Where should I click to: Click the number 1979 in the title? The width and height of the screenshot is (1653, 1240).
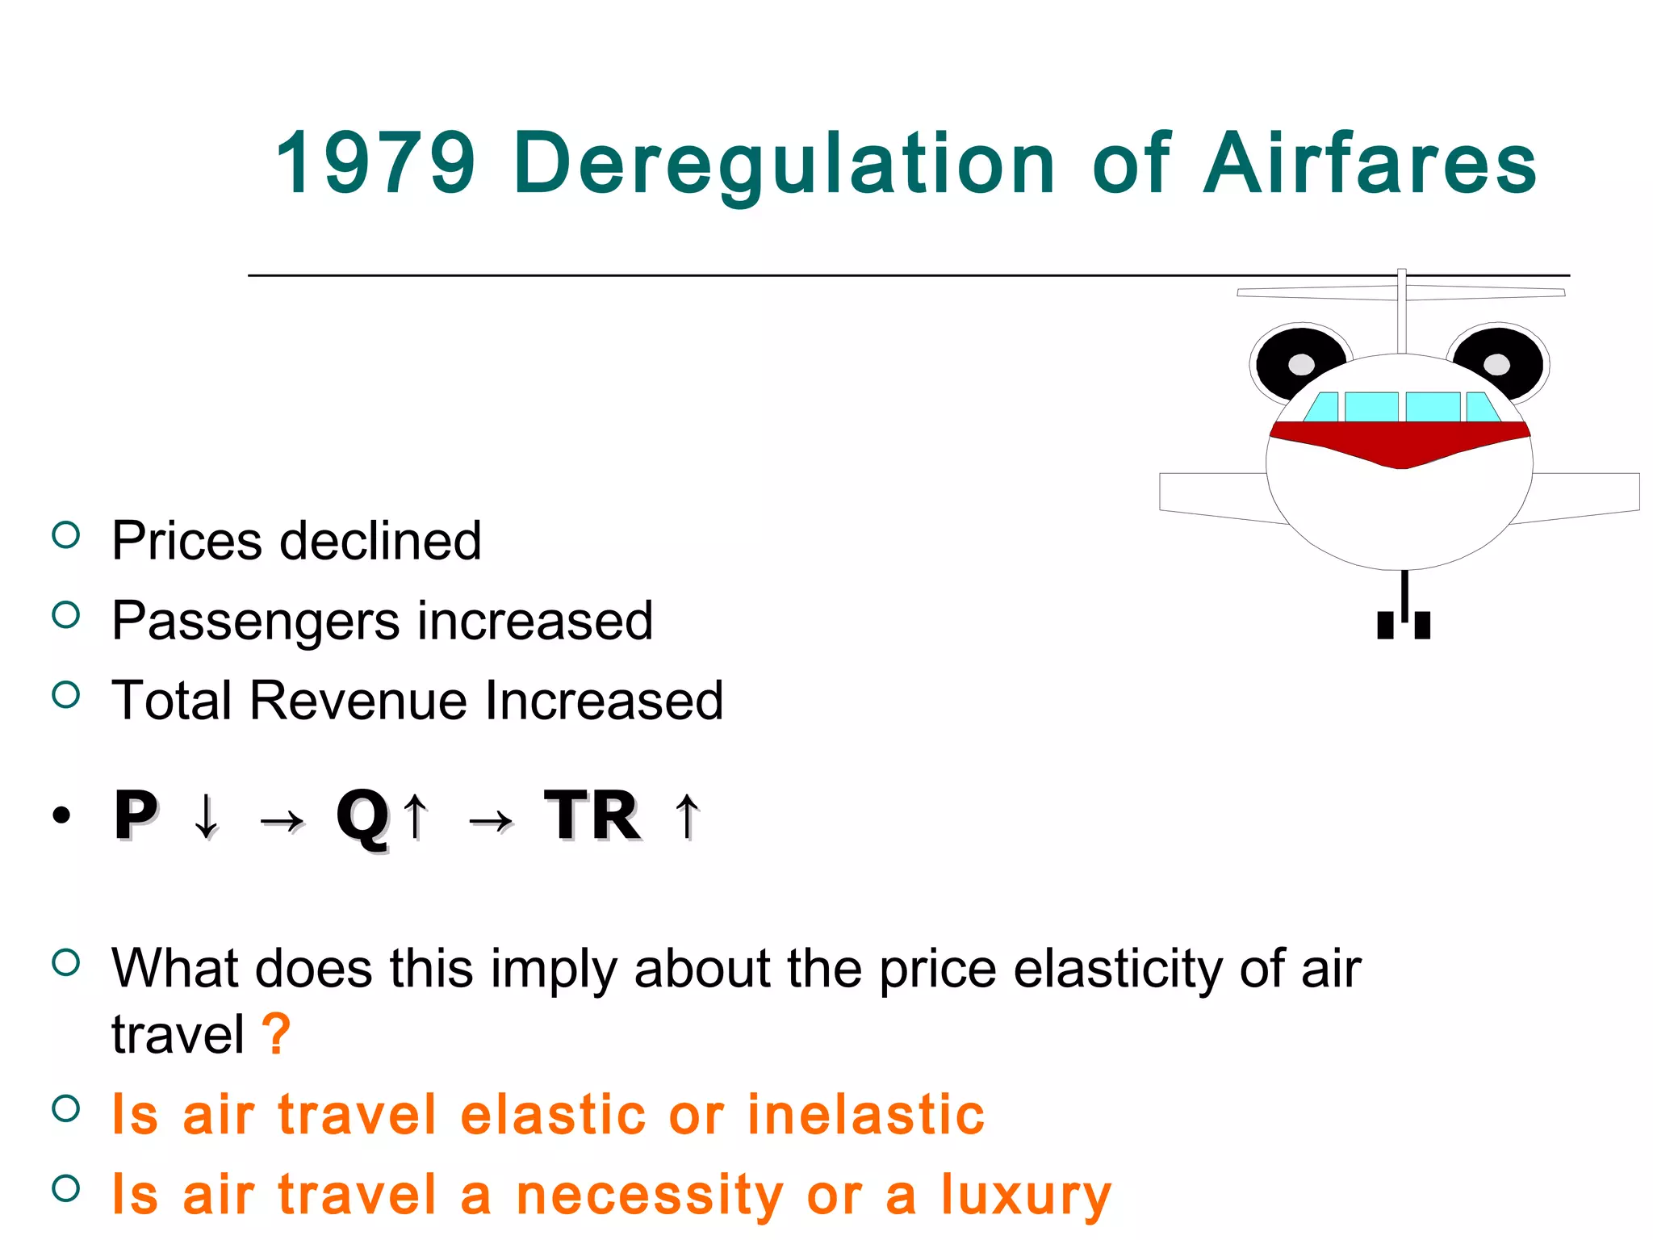pos(375,163)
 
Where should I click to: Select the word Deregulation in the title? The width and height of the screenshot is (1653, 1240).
pos(784,165)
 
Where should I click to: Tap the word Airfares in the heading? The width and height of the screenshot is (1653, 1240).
pos(1370,163)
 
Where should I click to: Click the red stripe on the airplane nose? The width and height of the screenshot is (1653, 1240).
pos(1400,442)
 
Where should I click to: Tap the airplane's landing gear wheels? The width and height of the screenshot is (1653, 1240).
pos(1404,623)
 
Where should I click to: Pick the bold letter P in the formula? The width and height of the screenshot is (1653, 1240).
pos(135,815)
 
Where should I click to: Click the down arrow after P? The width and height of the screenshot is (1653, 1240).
pos(207,816)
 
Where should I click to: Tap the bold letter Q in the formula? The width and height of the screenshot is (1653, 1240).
pos(362,817)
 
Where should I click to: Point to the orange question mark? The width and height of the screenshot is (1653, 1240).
pos(276,1033)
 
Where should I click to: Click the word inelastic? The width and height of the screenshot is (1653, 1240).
pos(865,1114)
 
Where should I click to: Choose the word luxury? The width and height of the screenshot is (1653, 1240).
pos(1026,1196)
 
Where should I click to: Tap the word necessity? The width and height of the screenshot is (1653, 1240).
pos(650,1196)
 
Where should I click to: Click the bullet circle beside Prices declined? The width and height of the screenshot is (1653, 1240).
pos(66,535)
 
